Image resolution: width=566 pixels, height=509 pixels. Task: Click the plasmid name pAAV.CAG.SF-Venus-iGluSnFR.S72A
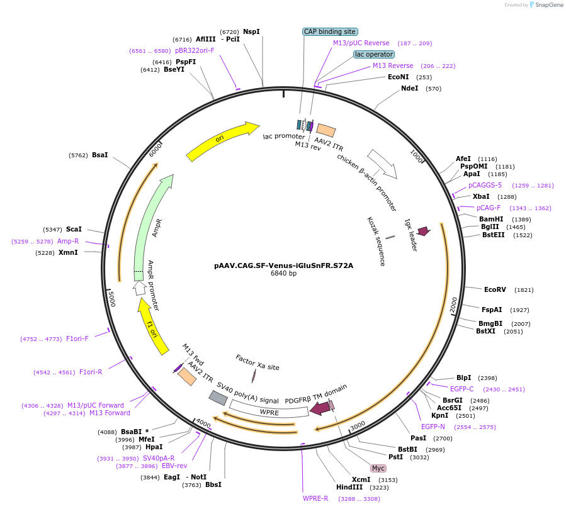283,266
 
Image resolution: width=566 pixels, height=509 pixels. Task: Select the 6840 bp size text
283,274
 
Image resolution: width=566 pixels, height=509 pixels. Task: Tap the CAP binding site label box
330,31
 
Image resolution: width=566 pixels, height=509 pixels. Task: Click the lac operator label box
373,55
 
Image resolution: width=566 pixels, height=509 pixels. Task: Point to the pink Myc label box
378,468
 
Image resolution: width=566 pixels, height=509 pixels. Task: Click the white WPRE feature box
269,409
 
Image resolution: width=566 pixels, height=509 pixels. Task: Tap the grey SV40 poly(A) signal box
218,398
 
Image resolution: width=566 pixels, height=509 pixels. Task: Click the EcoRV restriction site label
495,290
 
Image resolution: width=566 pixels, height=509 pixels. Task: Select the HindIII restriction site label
349,488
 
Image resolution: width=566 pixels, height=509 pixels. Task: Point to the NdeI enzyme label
409,89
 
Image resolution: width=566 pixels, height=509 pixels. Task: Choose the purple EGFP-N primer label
433,427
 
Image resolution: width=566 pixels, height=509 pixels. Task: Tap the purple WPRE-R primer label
315,498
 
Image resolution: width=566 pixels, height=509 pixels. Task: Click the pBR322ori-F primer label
195,50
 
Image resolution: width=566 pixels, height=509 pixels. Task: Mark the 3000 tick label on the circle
358,425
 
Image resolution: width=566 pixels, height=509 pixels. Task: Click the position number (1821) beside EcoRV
524,290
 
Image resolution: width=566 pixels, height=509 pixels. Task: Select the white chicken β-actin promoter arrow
382,163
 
